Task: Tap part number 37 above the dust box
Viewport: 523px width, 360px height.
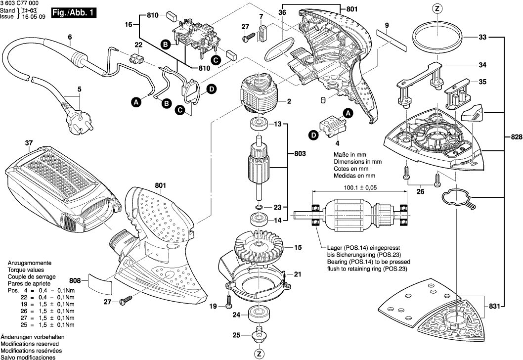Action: point(28,143)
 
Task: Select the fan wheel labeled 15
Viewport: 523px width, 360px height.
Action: point(259,246)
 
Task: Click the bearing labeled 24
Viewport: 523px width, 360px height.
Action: point(258,314)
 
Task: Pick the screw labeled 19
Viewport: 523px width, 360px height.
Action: point(229,300)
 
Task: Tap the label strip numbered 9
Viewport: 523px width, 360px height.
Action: point(391,39)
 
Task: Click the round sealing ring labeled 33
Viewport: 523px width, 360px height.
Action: point(437,38)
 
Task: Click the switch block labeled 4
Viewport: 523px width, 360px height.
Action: point(329,128)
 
